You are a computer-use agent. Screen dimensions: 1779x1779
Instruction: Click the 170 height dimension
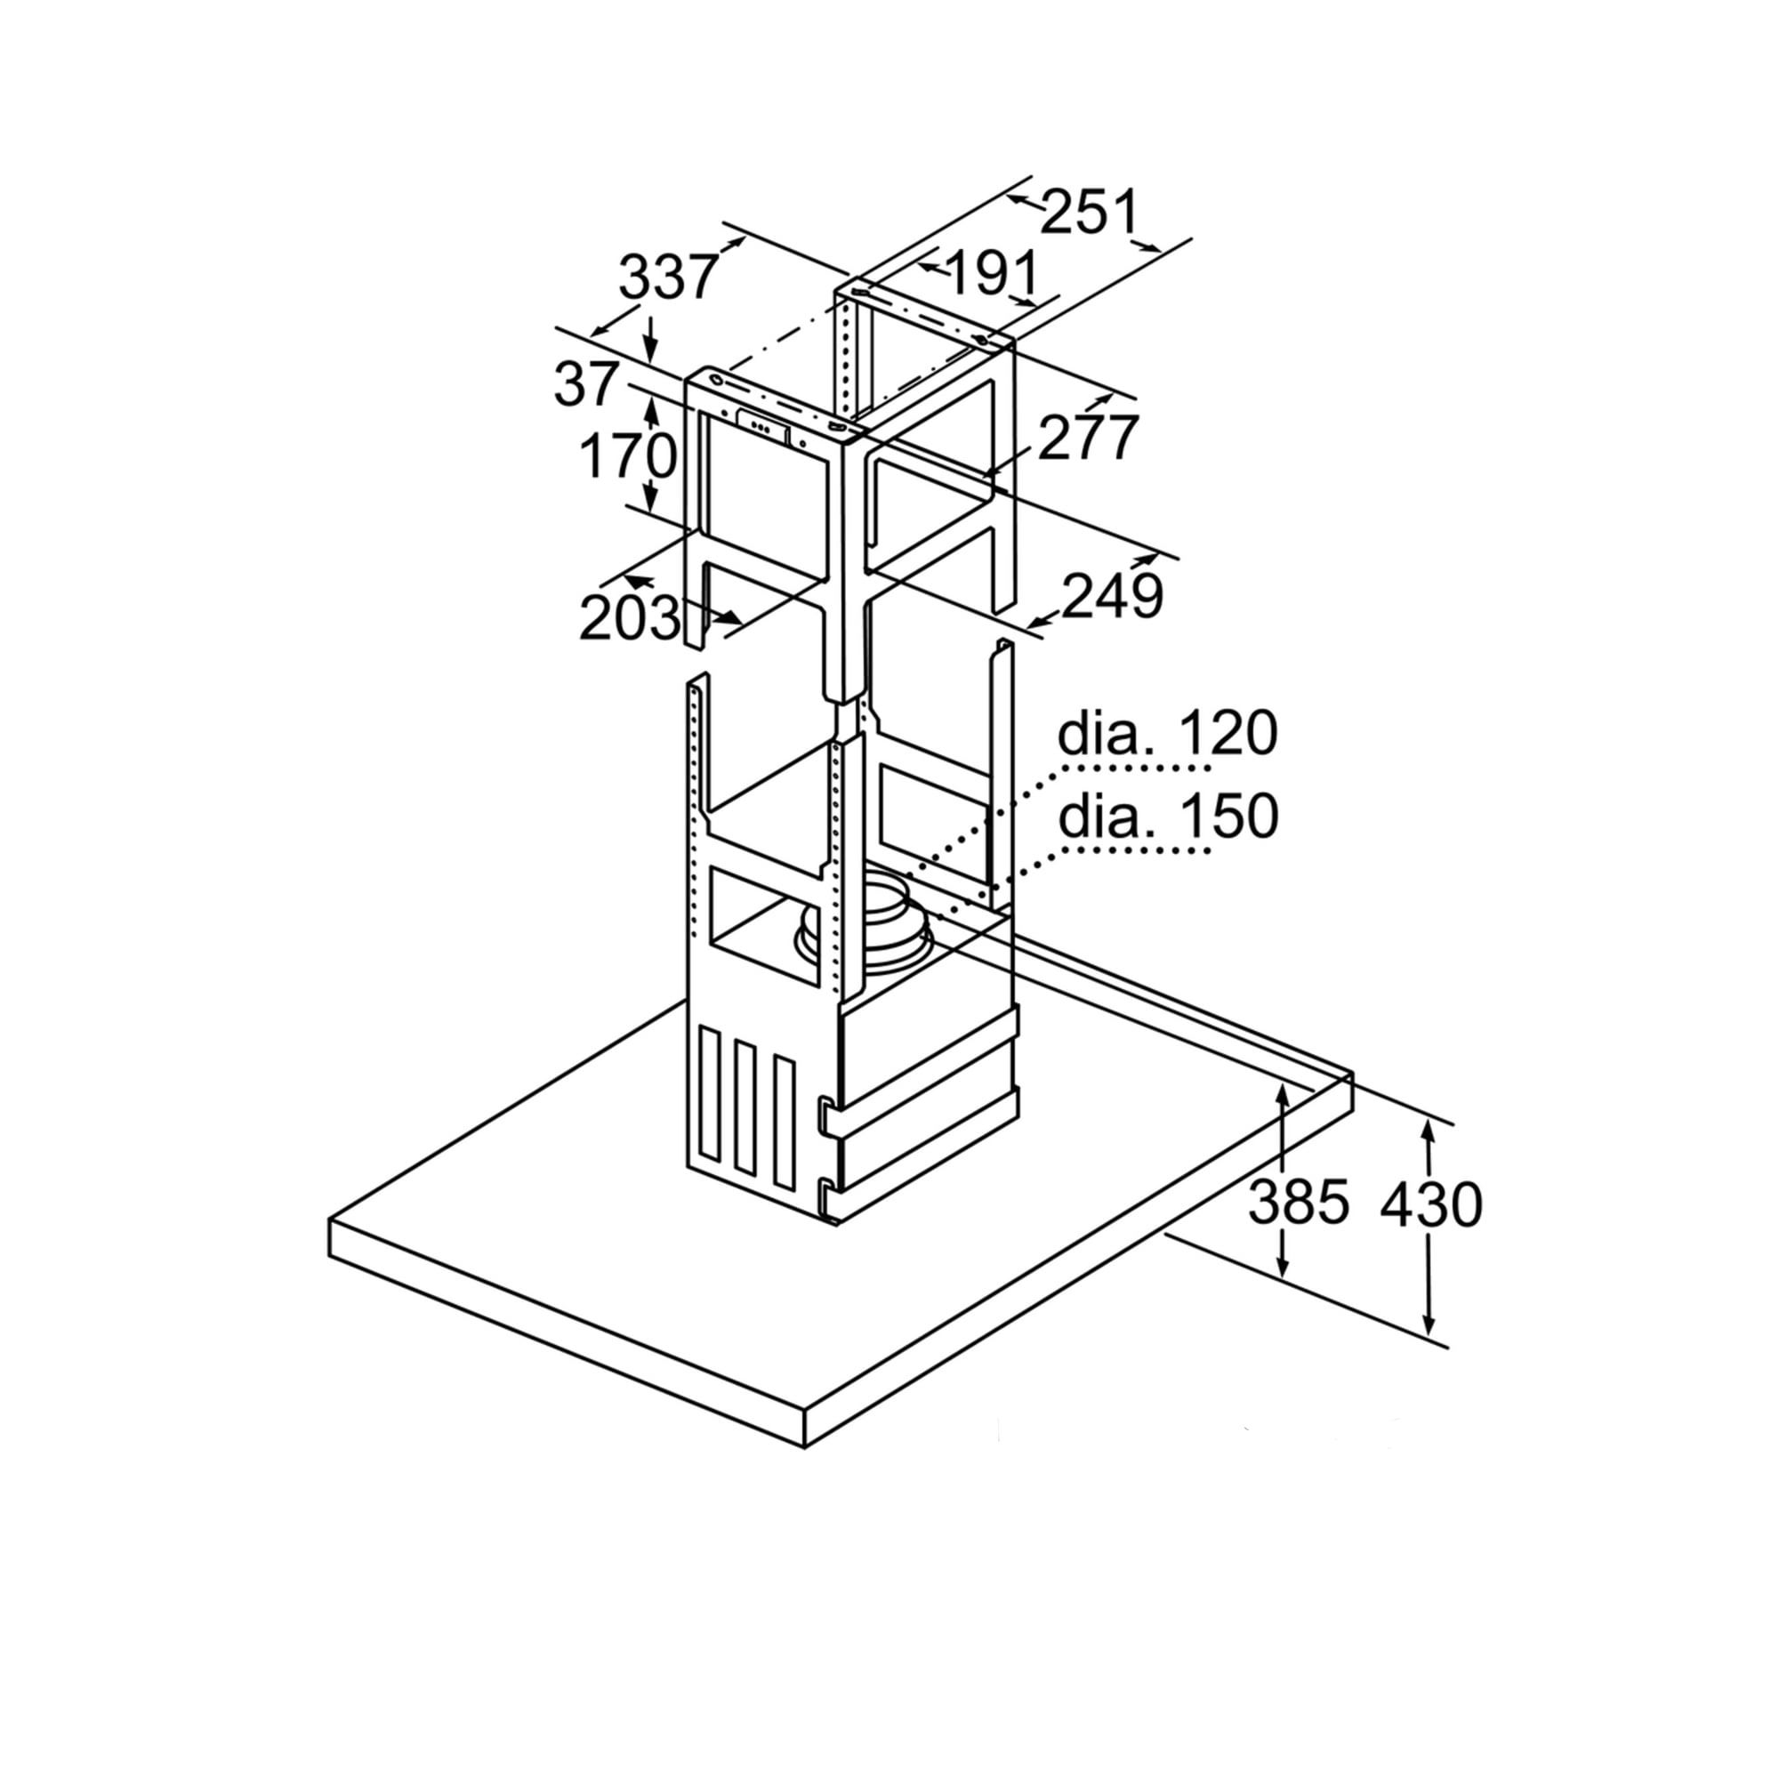629,456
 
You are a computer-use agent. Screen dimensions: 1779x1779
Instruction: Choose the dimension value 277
1089,438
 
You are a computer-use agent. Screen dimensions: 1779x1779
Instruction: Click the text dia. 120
1168,734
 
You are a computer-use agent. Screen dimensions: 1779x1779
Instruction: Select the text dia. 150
1168,816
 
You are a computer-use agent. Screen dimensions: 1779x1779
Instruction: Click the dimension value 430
1431,1203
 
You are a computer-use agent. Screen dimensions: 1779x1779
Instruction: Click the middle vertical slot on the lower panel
746,1115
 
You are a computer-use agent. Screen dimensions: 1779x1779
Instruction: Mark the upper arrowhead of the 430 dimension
1429,1131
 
